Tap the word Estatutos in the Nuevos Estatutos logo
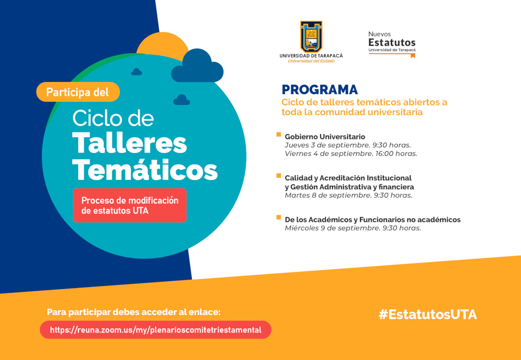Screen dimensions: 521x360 392,43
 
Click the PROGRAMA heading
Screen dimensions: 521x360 320,90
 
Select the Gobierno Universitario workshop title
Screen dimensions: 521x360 325,136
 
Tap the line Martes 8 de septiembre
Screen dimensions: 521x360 349,195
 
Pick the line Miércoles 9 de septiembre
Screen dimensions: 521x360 353,228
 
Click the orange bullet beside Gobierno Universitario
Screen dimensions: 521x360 278,135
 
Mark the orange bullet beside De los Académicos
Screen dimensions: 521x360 278,217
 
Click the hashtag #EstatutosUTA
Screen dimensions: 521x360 428,315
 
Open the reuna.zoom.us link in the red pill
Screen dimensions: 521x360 155,330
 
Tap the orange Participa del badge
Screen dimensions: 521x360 78,92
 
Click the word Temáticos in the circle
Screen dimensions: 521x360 145,171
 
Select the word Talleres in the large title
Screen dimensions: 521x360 130,144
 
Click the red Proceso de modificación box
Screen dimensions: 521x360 130,205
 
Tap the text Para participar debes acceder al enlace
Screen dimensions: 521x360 134,312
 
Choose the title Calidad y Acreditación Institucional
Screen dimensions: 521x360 348,178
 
